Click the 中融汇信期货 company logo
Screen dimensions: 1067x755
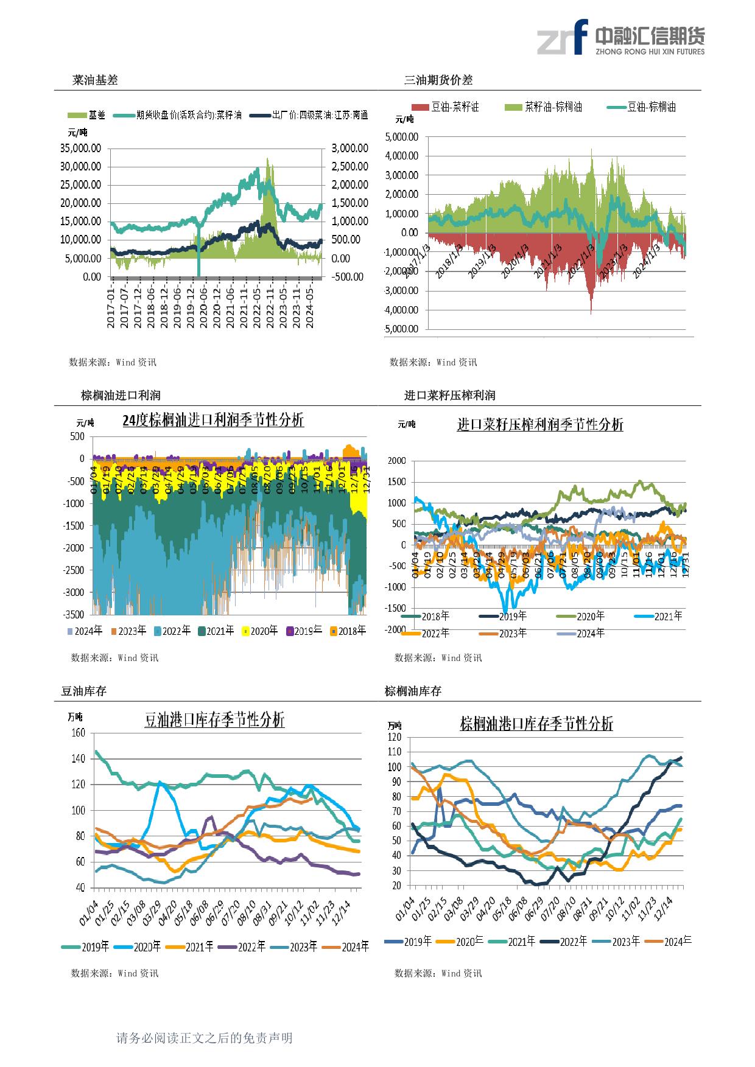(620, 38)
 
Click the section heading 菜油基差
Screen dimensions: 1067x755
(95, 80)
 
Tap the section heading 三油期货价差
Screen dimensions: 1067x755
(438, 80)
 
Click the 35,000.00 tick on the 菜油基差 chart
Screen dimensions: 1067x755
(80, 148)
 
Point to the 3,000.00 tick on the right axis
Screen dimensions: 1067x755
(350, 148)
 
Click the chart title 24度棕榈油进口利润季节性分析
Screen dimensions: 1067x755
(213, 420)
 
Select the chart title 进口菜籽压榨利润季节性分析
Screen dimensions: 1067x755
(540, 425)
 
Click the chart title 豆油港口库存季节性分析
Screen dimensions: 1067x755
(214, 721)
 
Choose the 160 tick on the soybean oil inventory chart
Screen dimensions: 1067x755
(77, 733)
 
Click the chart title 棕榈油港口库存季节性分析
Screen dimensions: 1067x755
(536, 724)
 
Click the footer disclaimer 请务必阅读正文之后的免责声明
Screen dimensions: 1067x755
(205, 1038)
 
